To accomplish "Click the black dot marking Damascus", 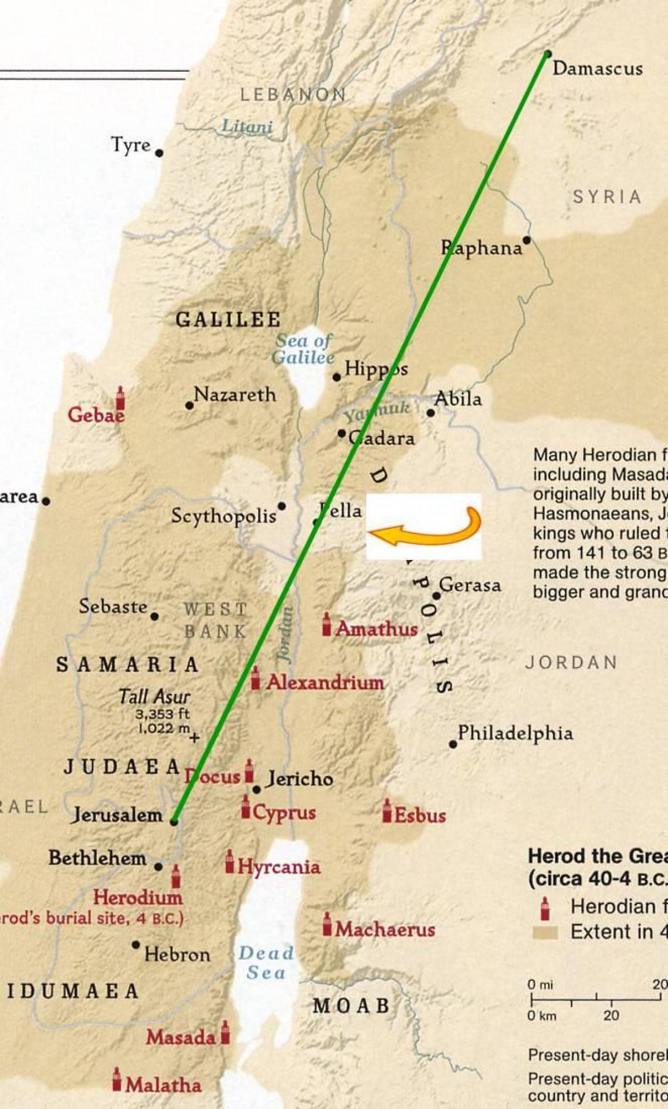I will pyautogui.click(x=548, y=54).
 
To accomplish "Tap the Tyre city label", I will pyautogui.click(x=131, y=145).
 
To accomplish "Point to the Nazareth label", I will pyautogui.click(x=235, y=395).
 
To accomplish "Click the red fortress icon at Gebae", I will pyautogui.click(x=120, y=398).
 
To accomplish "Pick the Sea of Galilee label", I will pyautogui.click(x=303, y=349).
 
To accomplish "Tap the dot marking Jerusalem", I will pyautogui.click(x=174, y=821).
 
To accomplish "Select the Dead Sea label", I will pyautogui.click(x=266, y=963).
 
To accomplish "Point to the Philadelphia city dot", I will pyautogui.click(x=453, y=744).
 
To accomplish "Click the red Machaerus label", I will pyautogui.click(x=385, y=929).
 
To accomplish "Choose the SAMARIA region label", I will pyautogui.click(x=127, y=665).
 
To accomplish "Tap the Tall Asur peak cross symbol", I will pyautogui.click(x=194, y=738).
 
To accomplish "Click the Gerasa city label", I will pyautogui.click(x=470, y=585).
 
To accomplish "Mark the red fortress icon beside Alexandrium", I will pyautogui.click(x=255, y=679).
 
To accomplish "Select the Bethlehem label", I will pyautogui.click(x=97, y=858).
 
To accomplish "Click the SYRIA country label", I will pyautogui.click(x=607, y=197).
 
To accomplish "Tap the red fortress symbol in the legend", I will pyautogui.click(x=545, y=908).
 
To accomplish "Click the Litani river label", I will pyautogui.click(x=247, y=126).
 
